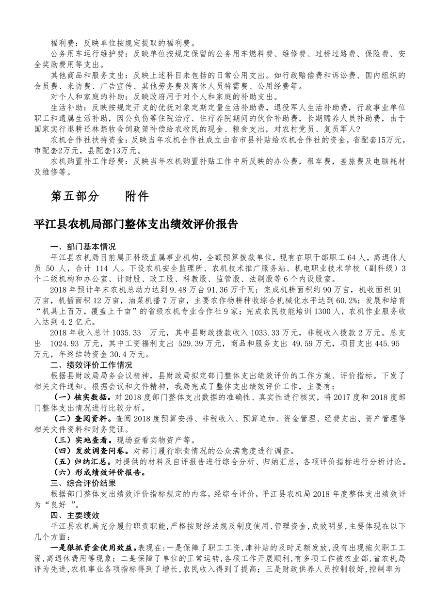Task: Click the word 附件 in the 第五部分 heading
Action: click(136, 196)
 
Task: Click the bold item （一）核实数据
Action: click(78, 397)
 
